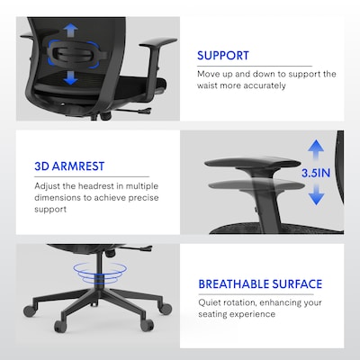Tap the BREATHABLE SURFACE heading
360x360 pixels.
[259, 284]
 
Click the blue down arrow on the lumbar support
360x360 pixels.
[69, 80]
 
